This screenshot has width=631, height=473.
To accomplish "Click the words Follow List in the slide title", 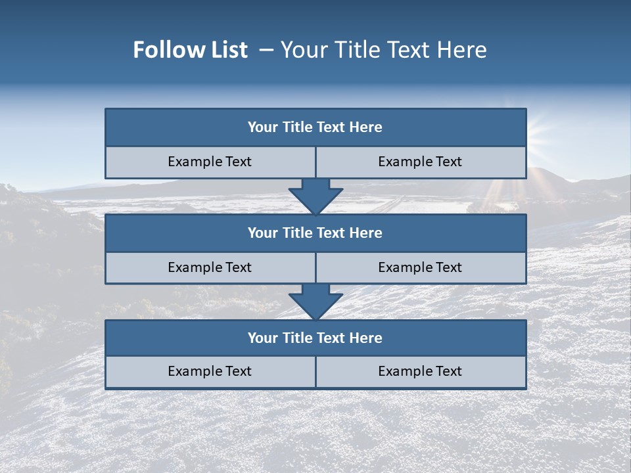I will (191, 50).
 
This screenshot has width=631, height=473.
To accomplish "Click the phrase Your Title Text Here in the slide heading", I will (384, 50).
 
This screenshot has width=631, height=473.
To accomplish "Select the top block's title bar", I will (315, 127).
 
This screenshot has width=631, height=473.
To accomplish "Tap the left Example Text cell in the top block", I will (210, 162).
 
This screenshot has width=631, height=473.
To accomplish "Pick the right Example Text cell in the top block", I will (421, 162).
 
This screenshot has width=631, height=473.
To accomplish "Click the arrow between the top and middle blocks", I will (315, 196).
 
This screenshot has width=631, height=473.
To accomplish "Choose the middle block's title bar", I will (315, 233).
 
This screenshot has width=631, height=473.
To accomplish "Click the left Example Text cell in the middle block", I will (210, 268).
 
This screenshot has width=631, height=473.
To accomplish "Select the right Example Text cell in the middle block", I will (421, 268).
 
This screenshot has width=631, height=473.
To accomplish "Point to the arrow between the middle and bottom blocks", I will (315, 302).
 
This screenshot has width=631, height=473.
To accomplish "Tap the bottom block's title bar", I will (315, 338).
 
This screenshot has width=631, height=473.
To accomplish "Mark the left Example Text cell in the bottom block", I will (210, 372).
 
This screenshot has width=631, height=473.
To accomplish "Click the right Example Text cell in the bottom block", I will (421, 372).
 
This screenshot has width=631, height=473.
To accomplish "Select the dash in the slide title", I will (266, 50).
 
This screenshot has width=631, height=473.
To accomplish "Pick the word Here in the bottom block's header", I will (366, 338).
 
